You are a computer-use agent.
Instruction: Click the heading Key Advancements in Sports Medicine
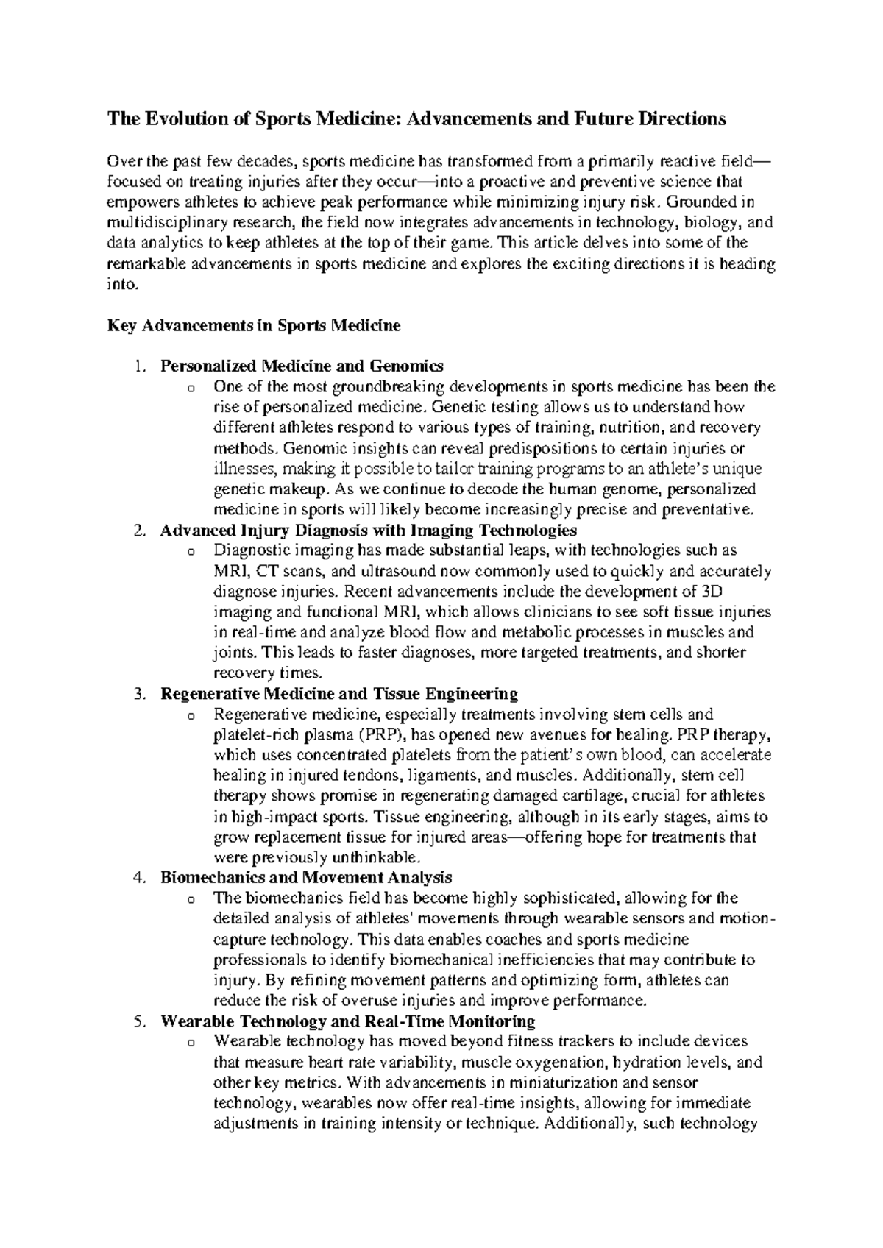254,325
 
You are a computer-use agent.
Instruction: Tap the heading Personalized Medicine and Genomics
302,366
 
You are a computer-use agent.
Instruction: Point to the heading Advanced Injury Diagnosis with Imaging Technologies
368,530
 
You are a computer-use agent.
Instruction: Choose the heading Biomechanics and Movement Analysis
305,877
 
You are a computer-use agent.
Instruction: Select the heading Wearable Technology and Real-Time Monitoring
347,1021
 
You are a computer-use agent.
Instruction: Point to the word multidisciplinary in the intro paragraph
153,222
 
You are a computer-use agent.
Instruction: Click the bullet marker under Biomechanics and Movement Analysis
191,899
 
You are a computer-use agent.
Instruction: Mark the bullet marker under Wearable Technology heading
191,1043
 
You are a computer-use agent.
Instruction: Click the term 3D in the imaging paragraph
709,591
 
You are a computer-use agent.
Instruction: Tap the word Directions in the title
684,118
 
